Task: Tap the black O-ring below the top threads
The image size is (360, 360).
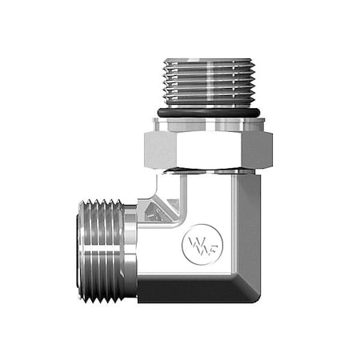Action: [207, 114]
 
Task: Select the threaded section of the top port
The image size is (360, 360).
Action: [207, 80]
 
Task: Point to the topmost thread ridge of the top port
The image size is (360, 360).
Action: [207, 62]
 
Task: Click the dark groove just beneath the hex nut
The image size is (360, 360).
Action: [207, 170]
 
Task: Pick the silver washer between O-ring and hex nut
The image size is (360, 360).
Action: [207, 124]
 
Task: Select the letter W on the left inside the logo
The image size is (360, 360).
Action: [192, 240]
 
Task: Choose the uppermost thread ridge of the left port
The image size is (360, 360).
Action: [104, 205]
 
